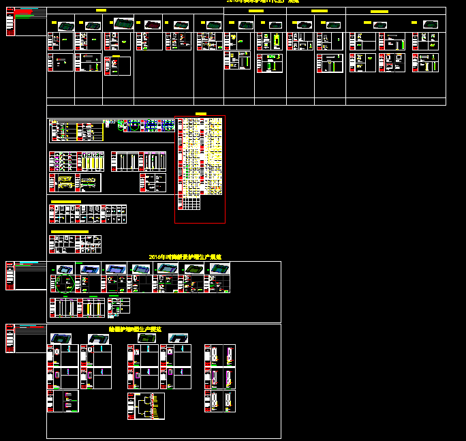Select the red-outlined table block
[200, 169]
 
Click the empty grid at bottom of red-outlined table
[191, 203]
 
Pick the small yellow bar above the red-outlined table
[200, 113]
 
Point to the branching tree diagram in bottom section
[145, 405]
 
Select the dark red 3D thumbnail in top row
[123, 25]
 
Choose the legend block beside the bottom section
[26, 338]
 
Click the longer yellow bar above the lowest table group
[69, 232]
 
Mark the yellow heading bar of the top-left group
[101, 11]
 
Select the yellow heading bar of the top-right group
[379, 12]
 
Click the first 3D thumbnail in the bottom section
[61, 338]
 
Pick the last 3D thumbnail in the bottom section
[178, 338]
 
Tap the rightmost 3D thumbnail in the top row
[431, 25]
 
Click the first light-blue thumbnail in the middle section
[65, 269]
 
